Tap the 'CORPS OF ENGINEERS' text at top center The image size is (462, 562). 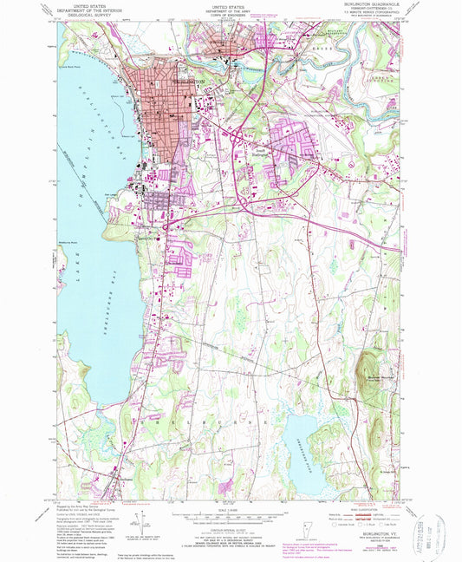[x=230, y=13]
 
